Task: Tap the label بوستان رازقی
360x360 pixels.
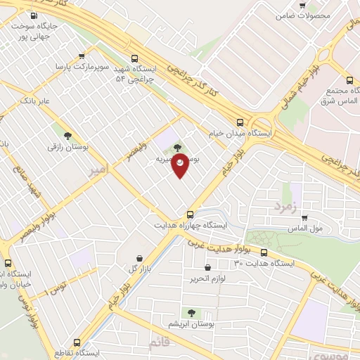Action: [x=66, y=148]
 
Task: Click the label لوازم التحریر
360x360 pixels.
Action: [x=207, y=279]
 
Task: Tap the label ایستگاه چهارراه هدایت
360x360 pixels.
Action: [x=191, y=226]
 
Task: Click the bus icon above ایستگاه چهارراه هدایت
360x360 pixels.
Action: [x=190, y=214]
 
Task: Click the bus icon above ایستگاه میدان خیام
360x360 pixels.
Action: [x=240, y=121]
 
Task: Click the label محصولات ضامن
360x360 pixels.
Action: [x=303, y=14]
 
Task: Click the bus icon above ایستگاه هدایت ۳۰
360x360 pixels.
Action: [x=264, y=252]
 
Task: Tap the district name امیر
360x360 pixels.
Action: [x=98, y=171]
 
